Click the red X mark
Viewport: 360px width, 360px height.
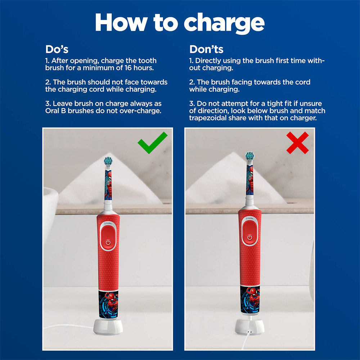coord(297,143)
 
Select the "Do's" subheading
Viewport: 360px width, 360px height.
coord(57,49)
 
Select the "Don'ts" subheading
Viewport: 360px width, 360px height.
coord(206,49)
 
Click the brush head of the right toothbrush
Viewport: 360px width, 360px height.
coord(249,156)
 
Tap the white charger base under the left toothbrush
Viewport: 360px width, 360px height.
coord(108,327)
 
